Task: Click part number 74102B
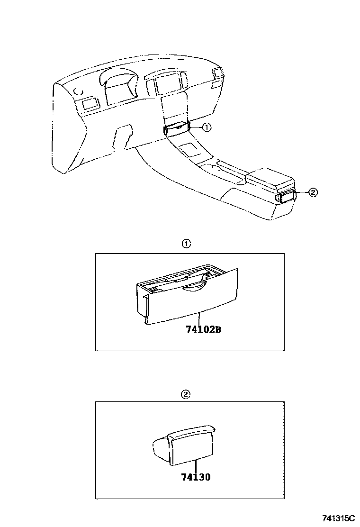[204, 329]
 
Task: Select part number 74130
[196, 477]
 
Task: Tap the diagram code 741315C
[339, 518]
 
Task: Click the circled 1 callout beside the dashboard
[207, 127]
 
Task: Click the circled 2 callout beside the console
[313, 192]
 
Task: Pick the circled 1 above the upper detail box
[186, 245]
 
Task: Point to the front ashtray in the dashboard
[177, 128]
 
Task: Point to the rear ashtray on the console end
[286, 196]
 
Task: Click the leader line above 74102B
[199, 318]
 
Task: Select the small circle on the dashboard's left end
[78, 91]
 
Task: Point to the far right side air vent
[217, 73]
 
